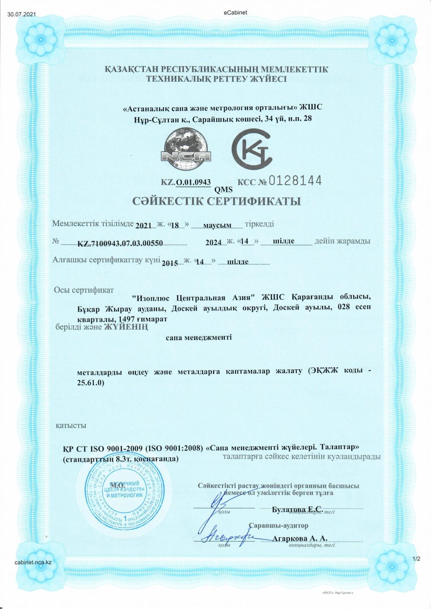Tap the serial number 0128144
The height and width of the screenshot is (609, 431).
(x=295, y=180)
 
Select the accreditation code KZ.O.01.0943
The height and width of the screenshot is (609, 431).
(x=186, y=182)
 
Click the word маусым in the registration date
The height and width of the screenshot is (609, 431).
(x=217, y=225)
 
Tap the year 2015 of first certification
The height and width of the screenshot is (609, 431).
(x=170, y=263)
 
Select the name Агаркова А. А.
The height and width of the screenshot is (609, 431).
(x=300, y=539)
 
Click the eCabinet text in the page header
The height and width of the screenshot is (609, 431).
(x=236, y=13)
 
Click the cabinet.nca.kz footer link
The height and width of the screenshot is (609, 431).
(x=33, y=562)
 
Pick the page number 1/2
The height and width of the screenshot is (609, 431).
(x=416, y=559)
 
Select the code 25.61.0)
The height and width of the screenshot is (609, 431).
(x=91, y=383)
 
